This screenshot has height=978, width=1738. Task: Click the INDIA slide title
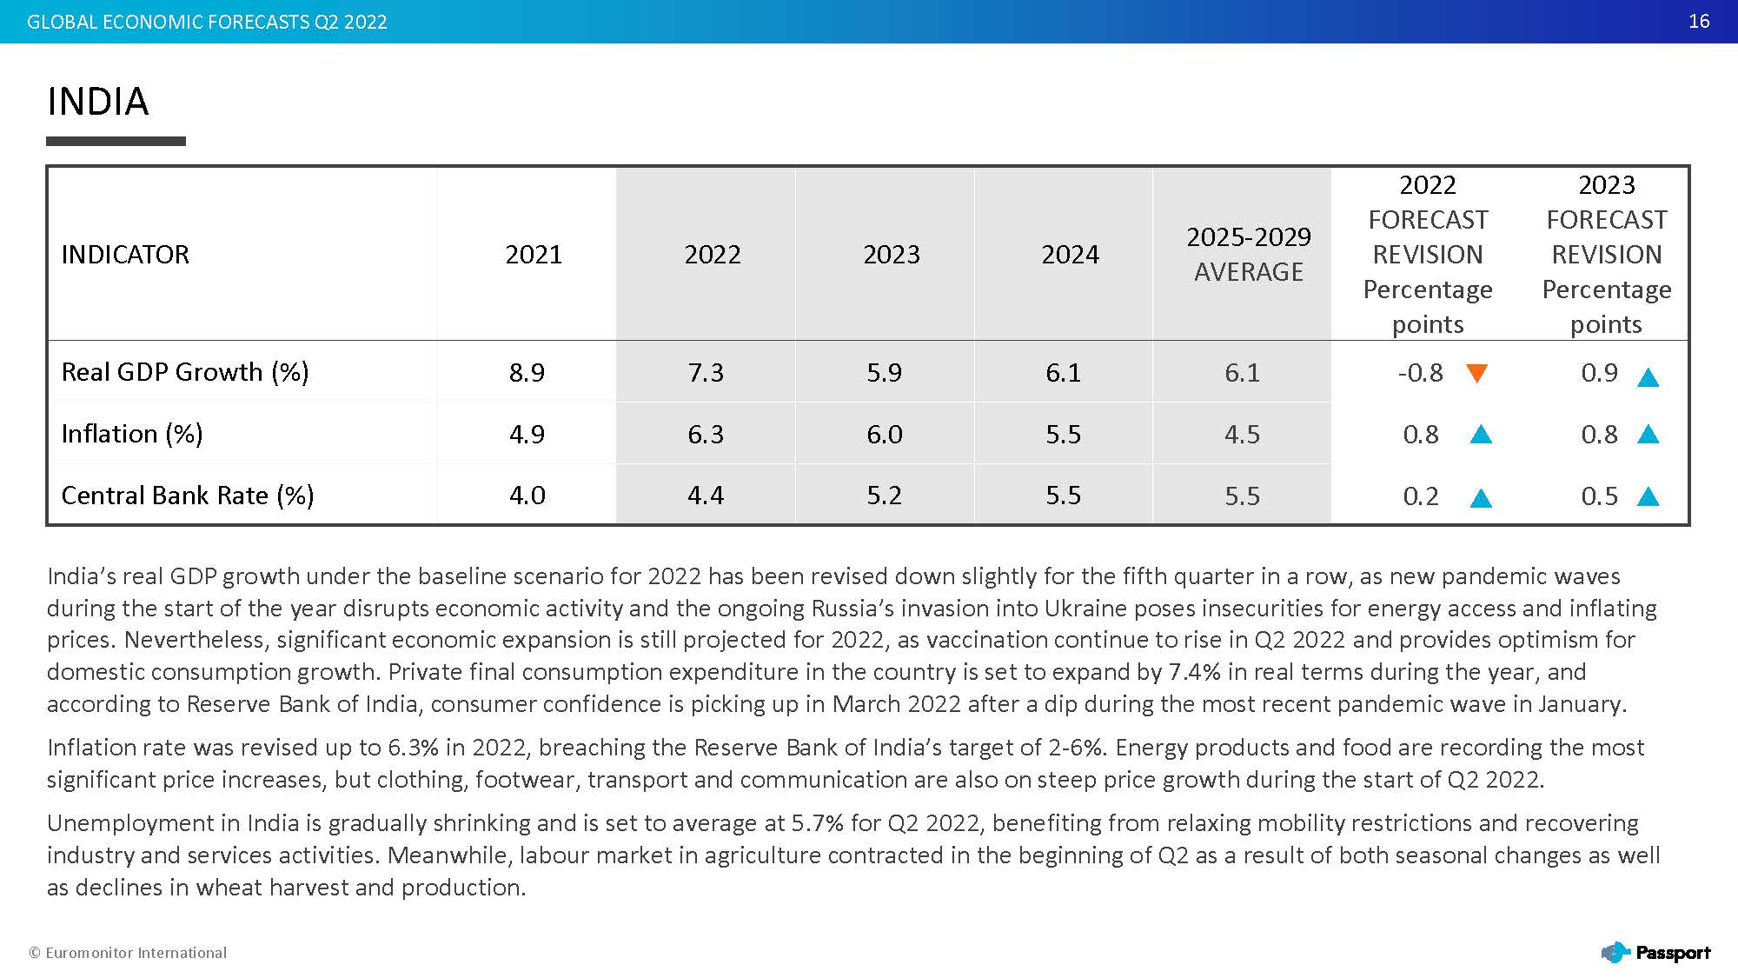[97, 102]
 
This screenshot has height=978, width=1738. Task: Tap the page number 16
[1699, 22]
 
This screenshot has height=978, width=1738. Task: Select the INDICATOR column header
[125, 255]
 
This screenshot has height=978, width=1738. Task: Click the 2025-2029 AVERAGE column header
[1249, 254]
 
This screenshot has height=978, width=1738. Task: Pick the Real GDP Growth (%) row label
[185, 372]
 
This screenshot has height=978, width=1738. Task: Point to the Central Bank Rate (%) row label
[188, 496]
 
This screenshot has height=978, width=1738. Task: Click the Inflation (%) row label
[132, 434]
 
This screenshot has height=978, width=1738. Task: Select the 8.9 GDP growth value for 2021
[527, 373]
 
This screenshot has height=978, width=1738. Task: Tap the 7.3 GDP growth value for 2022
[706, 373]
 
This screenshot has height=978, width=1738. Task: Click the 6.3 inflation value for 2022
[706, 435]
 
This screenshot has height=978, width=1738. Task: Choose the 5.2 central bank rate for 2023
[885, 496]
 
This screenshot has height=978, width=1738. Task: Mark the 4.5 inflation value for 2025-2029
[1242, 435]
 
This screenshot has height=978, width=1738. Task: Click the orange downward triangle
[1476, 374]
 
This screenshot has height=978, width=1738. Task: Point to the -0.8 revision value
[1420, 373]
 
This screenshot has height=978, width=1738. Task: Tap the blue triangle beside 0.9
[1648, 376]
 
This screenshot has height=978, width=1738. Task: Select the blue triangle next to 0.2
[1481, 498]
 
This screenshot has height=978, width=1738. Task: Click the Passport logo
[1655, 953]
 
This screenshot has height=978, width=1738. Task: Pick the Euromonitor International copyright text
[128, 953]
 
